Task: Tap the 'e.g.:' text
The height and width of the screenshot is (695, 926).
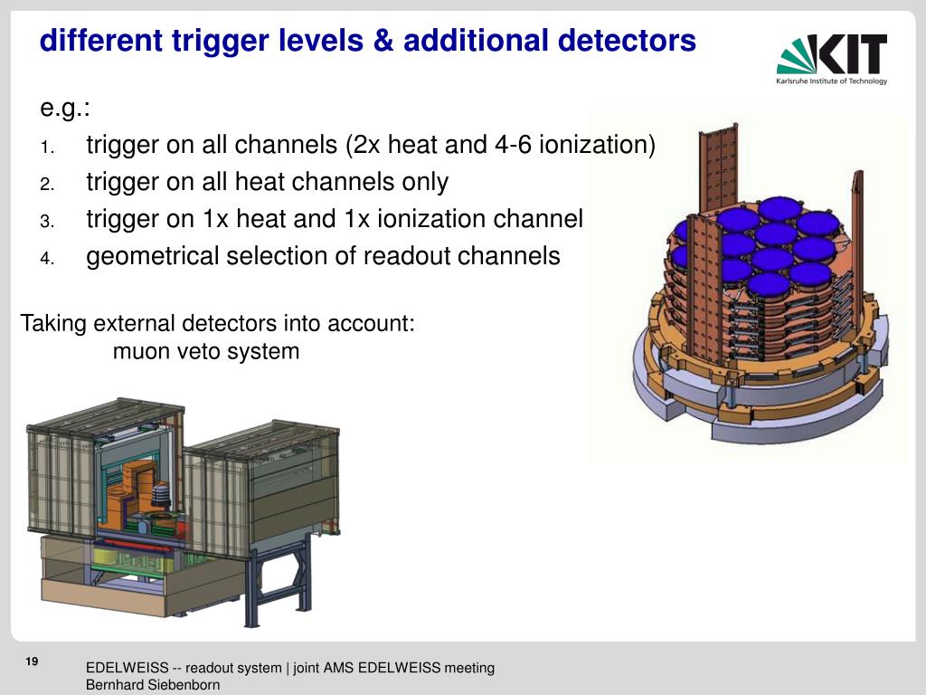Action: tap(65, 109)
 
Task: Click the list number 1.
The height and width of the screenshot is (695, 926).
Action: tap(47, 148)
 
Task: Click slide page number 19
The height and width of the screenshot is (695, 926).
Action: tap(32, 663)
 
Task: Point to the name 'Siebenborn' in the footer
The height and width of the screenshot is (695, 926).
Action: tap(181, 685)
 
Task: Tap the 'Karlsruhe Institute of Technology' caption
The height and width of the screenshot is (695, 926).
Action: tap(831, 81)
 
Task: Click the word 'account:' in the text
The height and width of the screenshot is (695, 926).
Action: tap(373, 323)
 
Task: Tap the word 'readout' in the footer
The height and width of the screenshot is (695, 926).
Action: tap(210, 668)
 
